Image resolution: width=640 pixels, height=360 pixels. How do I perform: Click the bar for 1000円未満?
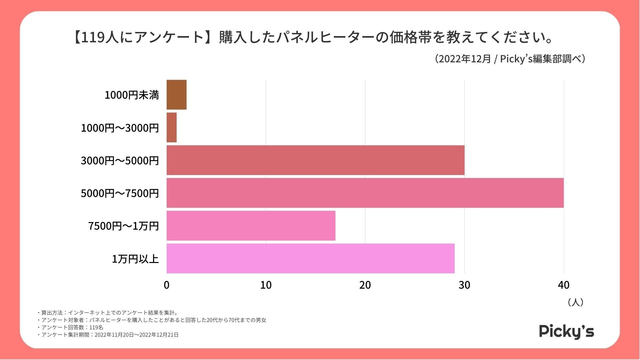(x=176, y=95)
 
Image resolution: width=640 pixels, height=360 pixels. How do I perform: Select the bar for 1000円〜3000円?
(x=172, y=127)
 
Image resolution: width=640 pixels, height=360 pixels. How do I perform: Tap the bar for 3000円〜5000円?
(x=315, y=160)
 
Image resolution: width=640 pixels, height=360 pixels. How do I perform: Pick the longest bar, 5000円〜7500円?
(x=365, y=193)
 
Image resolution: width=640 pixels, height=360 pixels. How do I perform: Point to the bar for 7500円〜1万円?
(x=251, y=225)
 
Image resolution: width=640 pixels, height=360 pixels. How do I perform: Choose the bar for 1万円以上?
(x=310, y=258)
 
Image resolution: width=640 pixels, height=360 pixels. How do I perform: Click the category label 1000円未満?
(x=132, y=95)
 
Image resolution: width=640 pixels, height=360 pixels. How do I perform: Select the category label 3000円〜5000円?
(x=120, y=160)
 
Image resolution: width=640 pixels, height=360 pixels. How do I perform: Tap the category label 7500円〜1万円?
(x=123, y=226)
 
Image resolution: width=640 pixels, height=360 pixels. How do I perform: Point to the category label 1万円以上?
(x=135, y=259)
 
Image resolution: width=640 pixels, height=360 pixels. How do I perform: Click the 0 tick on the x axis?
(x=167, y=285)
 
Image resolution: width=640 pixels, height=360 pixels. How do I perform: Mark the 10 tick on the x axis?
(x=266, y=285)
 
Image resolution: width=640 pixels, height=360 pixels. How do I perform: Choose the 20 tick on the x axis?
(x=365, y=285)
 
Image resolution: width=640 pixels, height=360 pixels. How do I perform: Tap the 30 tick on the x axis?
(x=464, y=285)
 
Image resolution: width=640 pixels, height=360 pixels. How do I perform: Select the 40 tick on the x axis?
(x=564, y=285)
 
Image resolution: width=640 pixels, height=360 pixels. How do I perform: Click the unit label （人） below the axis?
(x=575, y=302)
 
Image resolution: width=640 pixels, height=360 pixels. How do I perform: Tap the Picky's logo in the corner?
(x=566, y=331)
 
